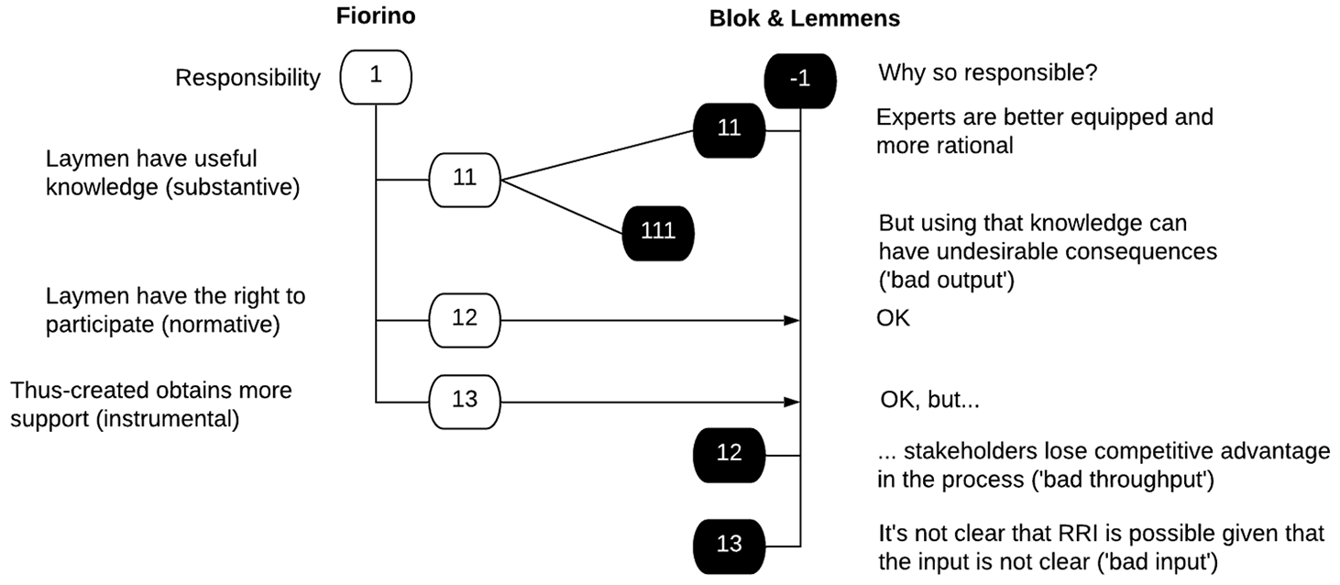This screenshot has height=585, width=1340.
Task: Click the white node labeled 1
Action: pos(376,77)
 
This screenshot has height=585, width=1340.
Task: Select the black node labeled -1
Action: pos(800,82)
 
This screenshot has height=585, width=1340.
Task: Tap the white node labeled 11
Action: pos(465,180)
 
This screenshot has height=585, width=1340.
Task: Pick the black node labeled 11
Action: pos(730,130)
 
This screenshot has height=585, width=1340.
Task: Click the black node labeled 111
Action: pos(658,233)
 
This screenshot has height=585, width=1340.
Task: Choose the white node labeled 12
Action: pos(465,321)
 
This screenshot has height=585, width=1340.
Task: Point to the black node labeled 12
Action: pos(730,455)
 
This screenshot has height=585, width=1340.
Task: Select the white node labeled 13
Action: pos(465,402)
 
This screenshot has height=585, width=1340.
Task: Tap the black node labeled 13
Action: pos(730,546)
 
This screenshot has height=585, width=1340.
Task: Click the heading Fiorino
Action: pos(376,17)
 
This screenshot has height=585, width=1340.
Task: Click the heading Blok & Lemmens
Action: pos(805,18)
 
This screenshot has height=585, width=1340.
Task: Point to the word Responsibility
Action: pos(247,78)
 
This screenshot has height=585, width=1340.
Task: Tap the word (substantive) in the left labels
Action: pos(233,188)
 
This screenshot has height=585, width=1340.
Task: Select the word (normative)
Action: pos(221,325)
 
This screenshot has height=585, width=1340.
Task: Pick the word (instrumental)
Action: pos(168,419)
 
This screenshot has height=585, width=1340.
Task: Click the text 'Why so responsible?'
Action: pos(988,73)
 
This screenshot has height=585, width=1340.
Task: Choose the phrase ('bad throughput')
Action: pos(1124,480)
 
